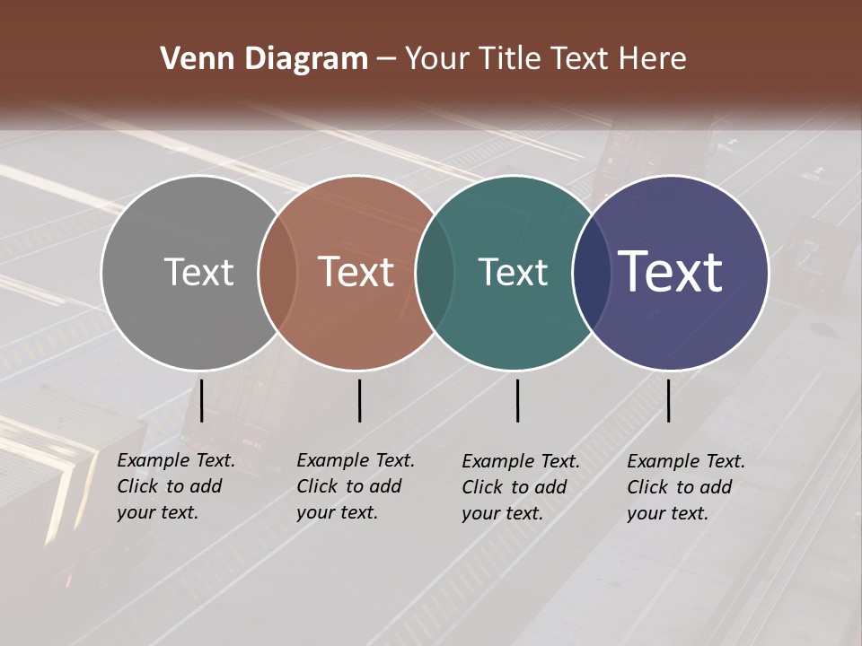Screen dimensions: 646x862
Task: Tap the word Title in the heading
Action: pyautogui.click(x=511, y=59)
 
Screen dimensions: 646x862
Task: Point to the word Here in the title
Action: pyautogui.click(x=654, y=59)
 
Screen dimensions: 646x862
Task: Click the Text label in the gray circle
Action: pyautogui.click(x=198, y=272)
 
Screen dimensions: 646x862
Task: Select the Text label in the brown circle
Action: pyautogui.click(x=356, y=272)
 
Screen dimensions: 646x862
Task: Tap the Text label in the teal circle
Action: pyautogui.click(x=513, y=273)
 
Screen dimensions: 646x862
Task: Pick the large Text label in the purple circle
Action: pyautogui.click(x=670, y=272)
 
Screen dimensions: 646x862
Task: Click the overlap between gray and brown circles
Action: pyautogui.click(x=277, y=273)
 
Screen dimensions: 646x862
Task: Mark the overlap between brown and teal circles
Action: pyautogui.click(x=435, y=273)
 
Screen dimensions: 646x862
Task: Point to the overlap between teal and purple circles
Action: pyautogui.click(x=591, y=273)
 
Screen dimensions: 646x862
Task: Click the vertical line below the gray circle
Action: pyautogui.click(x=201, y=400)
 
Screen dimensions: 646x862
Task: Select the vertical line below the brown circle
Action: pyautogui.click(x=359, y=400)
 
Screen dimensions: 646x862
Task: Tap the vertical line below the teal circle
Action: pyautogui.click(x=517, y=400)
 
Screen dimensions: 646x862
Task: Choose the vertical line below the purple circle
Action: pyautogui.click(x=668, y=400)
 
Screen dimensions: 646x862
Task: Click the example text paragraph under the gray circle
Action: pyautogui.click(x=176, y=486)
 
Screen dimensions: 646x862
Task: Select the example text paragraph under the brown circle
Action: pyautogui.click(x=356, y=486)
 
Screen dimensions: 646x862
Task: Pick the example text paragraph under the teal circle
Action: pyautogui.click(x=521, y=487)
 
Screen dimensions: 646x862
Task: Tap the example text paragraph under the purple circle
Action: pyautogui.click(x=686, y=487)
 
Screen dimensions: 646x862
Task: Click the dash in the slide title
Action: pyautogui.click(x=386, y=60)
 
